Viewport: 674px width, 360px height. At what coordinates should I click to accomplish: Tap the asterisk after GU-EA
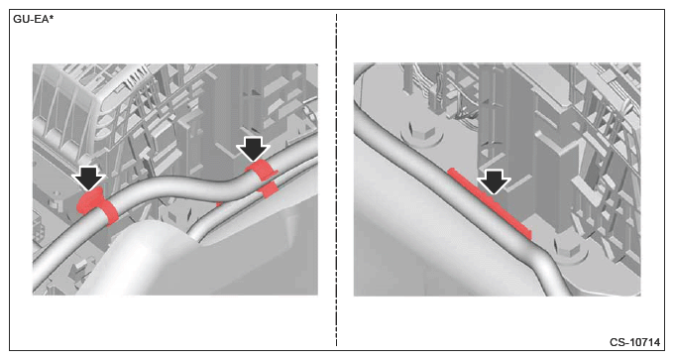point(52,18)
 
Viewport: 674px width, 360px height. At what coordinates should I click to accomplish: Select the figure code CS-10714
point(634,342)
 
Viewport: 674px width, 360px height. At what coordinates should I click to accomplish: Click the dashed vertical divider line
point(336,180)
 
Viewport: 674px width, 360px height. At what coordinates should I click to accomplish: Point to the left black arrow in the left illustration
point(88,178)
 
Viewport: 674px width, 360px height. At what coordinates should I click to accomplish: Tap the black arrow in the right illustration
point(494,181)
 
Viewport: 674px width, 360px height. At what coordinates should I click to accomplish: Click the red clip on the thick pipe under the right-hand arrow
point(262,170)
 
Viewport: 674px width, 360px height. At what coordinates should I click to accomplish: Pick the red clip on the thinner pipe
point(269,189)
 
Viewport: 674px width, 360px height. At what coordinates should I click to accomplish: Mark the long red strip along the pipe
point(490,203)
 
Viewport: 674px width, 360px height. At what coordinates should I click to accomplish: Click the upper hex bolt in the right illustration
point(422,133)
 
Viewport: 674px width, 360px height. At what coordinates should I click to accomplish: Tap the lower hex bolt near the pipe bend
point(568,250)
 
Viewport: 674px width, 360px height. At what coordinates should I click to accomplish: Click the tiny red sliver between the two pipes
point(218,203)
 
